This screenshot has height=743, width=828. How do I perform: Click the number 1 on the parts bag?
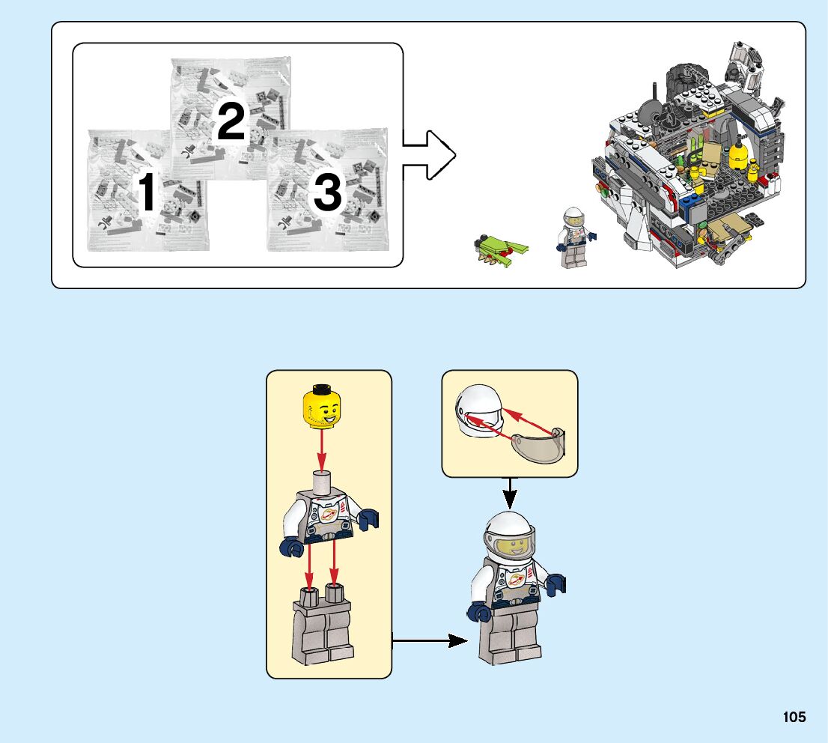point(147,191)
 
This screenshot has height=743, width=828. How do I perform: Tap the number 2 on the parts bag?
point(231,121)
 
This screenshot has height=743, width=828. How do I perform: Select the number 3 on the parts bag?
point(327,192)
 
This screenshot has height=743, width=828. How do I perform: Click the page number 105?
point(794,717)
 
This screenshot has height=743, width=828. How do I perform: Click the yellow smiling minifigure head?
point(322,404)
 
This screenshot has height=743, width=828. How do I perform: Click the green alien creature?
point(499,250)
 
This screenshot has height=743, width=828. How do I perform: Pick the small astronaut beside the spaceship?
point(574,237)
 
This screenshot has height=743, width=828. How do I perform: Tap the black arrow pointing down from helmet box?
point(510,493)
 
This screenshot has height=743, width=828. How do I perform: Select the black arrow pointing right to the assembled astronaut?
point(430,641)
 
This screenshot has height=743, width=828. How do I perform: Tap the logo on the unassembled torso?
point(327,516)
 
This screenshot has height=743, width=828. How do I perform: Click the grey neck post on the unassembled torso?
point(322,482)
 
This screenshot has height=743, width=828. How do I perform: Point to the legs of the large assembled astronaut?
point(509,636)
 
